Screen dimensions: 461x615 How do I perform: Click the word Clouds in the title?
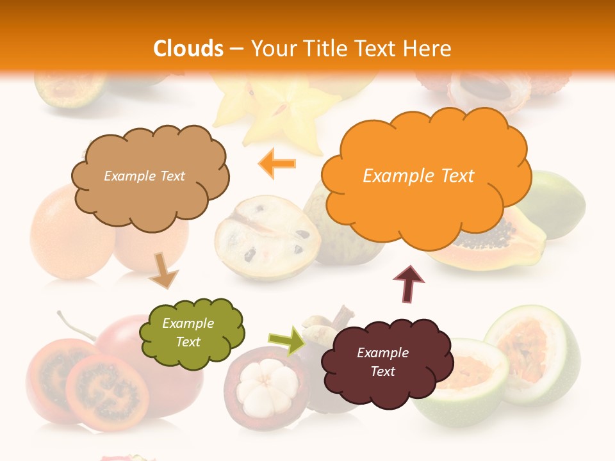(188, 49)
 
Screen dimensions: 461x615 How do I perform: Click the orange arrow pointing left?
(277, 163)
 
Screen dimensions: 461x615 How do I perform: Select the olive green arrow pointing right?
(287, 341)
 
